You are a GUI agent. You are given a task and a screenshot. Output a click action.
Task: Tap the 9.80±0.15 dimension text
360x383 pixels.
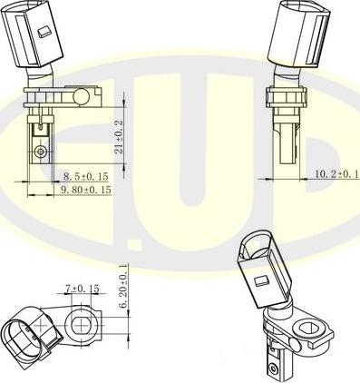86,191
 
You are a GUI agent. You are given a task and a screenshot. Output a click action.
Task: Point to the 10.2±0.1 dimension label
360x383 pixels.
336,173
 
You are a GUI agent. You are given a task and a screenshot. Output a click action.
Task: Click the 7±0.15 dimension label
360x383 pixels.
81,290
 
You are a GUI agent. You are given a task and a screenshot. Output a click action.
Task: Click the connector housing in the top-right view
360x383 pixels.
300,34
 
